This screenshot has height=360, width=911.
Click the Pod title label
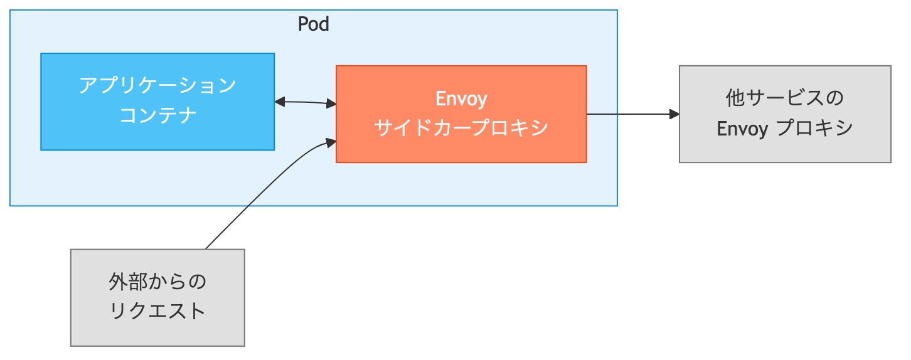point(313,24)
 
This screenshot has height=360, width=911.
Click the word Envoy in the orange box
point(461,99)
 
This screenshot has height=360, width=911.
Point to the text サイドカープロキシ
point(461,128)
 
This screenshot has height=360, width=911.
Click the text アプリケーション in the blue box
point(157,85)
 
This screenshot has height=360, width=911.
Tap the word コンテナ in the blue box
point(157,115)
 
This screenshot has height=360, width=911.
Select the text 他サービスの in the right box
point(784,98)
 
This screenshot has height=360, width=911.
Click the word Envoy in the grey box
point(742,129)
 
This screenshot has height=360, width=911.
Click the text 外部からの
point(157,282)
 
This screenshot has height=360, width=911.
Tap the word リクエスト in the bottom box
point(157,311)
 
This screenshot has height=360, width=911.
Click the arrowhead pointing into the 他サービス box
point(674,114)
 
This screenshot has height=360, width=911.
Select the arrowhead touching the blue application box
point(280,102)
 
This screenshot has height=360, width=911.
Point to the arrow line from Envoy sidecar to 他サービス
point(627,114)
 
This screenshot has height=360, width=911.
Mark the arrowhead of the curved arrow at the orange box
point(331,143)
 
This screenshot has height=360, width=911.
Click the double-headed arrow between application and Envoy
point(306,102)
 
